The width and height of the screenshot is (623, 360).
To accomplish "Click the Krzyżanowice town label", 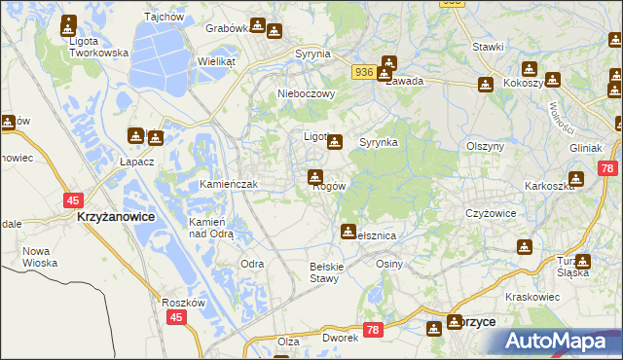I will coord(115,218).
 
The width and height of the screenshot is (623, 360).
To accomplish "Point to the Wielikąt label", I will coord(217,60).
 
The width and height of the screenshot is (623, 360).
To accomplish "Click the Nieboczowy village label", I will coord(306,94).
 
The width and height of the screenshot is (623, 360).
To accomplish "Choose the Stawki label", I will coord(487,47).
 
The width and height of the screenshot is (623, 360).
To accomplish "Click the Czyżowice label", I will coord(489,212).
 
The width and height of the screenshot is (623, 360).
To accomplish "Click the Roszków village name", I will coord(183,303).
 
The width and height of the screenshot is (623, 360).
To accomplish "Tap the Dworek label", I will coord(341,339).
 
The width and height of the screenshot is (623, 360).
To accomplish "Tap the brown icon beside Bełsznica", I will coord(348,231).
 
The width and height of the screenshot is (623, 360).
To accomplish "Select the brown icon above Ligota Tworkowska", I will coord(70,23).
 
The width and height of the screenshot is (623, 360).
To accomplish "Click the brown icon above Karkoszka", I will coord(576,179).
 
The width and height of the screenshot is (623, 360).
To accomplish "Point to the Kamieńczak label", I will coord(228,184).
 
